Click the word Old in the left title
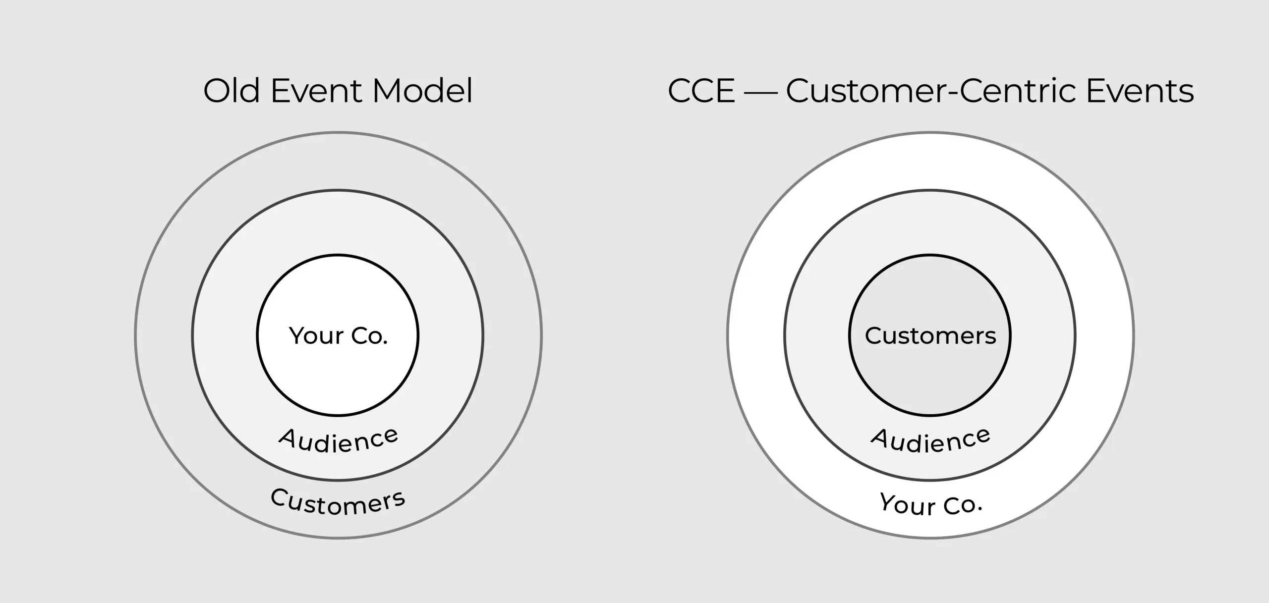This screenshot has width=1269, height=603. tap(231, 91)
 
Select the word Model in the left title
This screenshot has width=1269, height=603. tap(422, 91)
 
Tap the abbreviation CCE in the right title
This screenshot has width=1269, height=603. tap(701, 91)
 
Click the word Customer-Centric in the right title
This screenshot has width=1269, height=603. tap(931, 91)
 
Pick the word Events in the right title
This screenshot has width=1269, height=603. tap(1140, 91)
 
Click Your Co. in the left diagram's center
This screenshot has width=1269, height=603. tap(338, 336)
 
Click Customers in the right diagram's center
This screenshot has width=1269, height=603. tap(930, 336)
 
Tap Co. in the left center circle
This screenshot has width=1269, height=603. tap(369, 336)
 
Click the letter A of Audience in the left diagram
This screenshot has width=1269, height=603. tap(287, 437)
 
